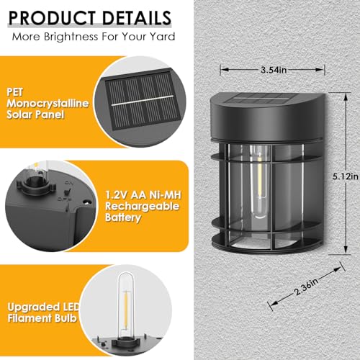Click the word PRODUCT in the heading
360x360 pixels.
[x=50, y=17]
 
